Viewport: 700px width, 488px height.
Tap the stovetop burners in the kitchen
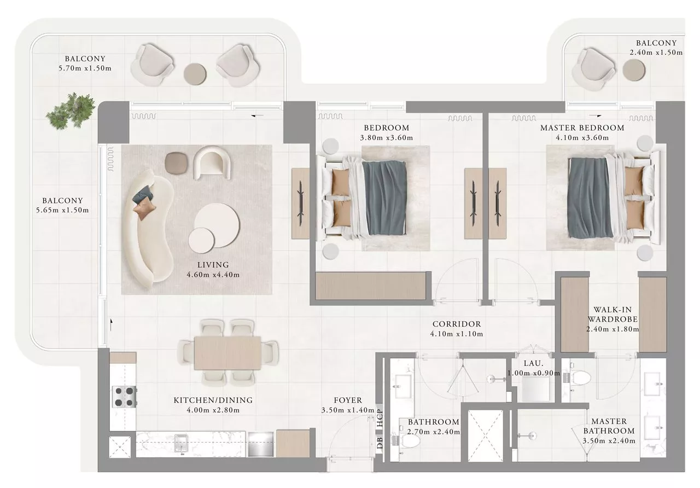pos(125,397)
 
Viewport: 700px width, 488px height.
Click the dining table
pos(227,353)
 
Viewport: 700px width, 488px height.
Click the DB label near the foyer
pos(380,443)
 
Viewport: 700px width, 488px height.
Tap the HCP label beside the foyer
pos(380,418)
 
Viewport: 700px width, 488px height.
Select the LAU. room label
pos(533,363)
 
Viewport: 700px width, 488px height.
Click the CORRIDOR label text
pos(457,324)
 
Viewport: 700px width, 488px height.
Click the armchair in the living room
pos(212,162)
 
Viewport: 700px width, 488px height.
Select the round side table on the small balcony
pos(634,69)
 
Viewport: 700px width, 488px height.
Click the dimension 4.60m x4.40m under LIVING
pos(213,275)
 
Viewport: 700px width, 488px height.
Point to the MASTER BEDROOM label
pos(582,127)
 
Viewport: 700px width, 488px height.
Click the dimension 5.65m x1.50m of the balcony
pos(62,210)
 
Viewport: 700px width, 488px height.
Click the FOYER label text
pos(348,400)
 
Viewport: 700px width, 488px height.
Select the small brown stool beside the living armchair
pos(176,162)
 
